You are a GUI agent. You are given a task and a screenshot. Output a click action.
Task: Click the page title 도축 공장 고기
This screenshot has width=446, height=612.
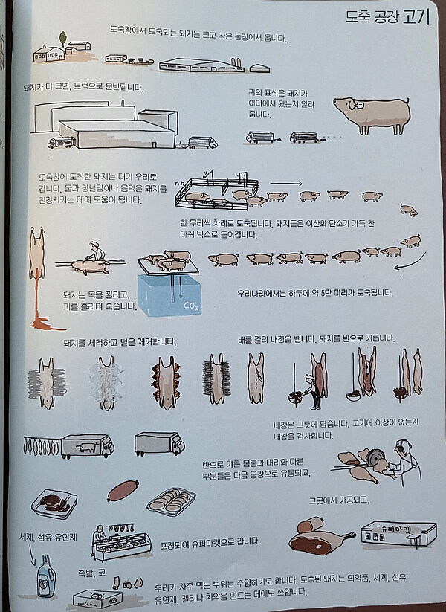coord(387,17)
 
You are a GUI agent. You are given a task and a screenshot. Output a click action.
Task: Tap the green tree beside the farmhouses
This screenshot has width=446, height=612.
coord(63,39)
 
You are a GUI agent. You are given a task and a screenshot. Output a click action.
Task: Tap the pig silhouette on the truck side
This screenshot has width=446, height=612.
coord(87,447)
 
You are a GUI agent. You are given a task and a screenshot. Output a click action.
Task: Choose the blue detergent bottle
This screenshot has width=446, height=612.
coord(45,576)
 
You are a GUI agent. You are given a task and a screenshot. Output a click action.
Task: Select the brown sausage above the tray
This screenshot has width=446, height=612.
coord(123,491)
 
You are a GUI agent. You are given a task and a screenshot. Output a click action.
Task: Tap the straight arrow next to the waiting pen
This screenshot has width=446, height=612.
coord(286,183)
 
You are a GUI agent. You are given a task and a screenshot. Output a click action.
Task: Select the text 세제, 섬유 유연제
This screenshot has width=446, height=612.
coord(48,537)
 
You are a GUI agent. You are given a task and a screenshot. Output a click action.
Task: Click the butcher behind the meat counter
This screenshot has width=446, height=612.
coord(99,538)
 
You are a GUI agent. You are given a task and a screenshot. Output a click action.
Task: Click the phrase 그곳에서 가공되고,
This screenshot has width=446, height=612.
coord(339,500)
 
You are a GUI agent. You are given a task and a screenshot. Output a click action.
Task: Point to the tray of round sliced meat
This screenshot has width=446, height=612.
coord(171,500)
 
